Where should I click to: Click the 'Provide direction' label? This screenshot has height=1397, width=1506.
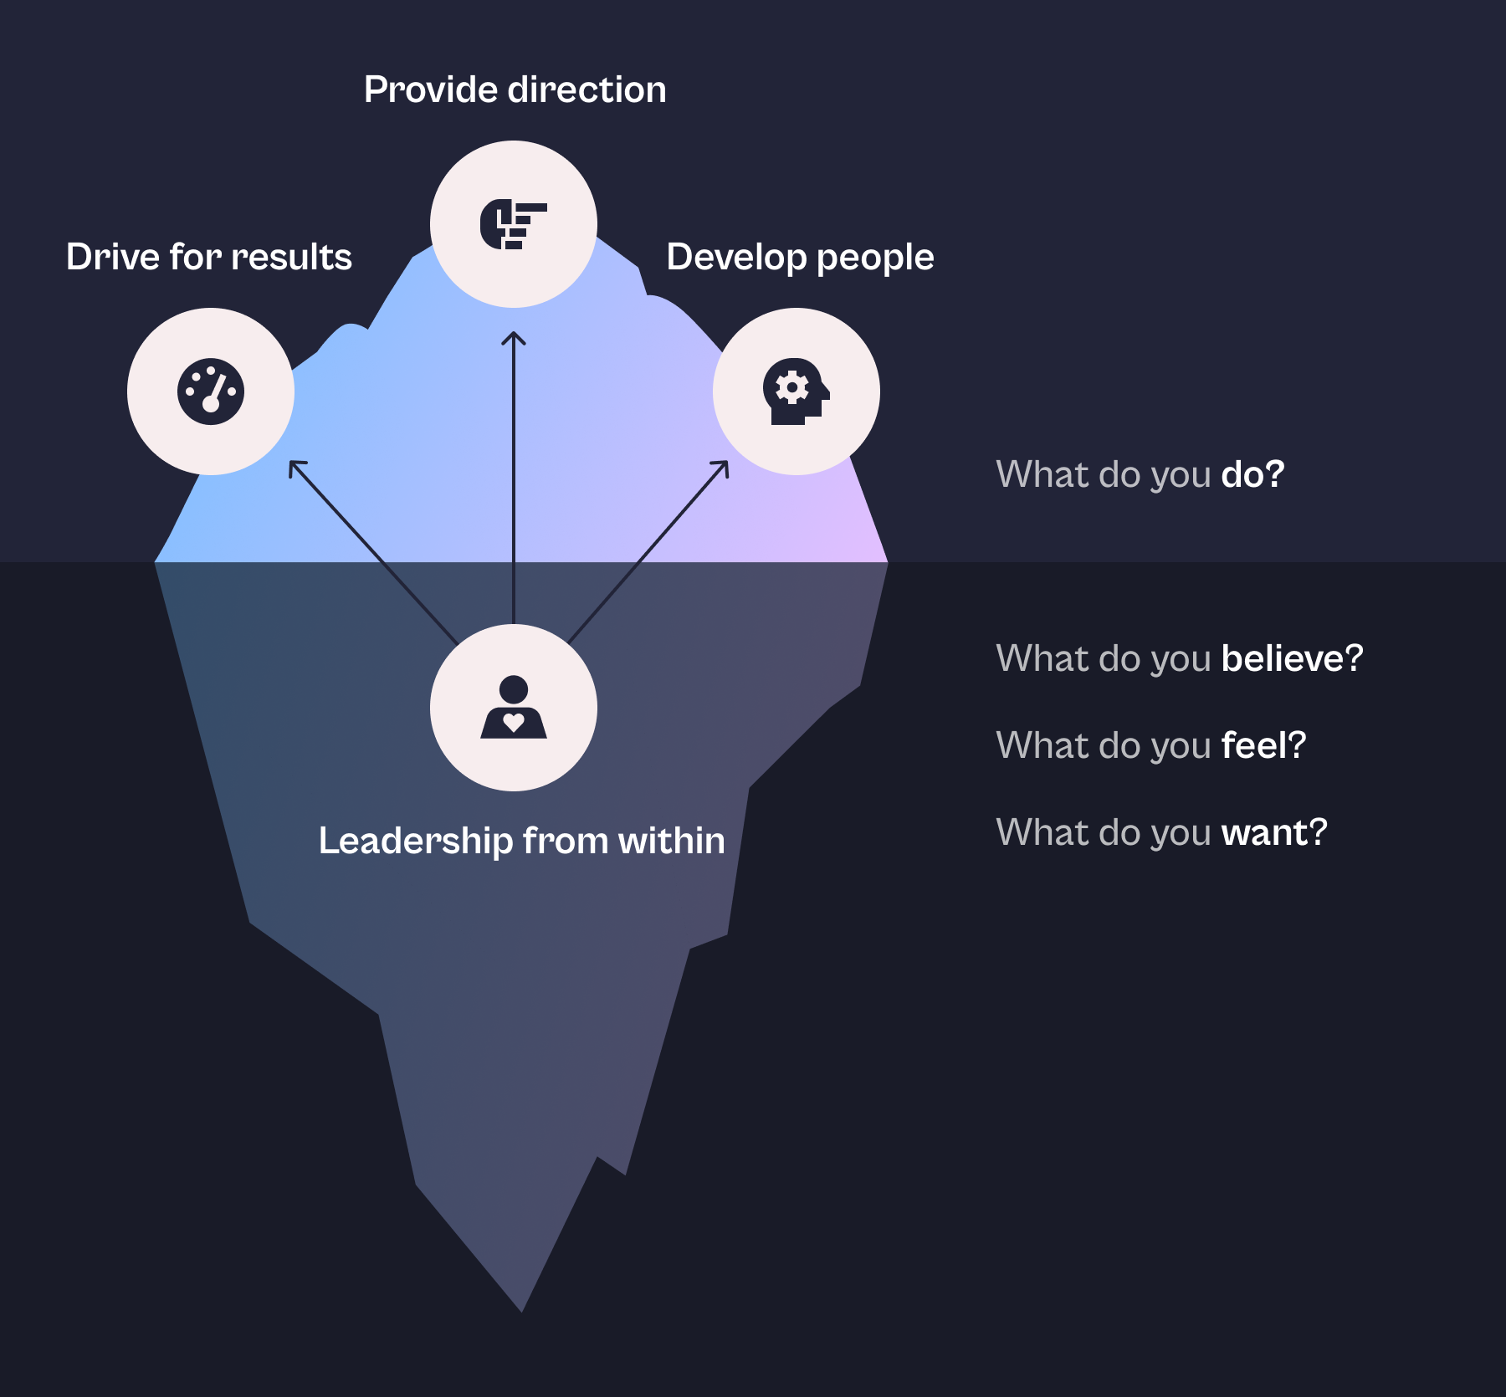pos(515,90)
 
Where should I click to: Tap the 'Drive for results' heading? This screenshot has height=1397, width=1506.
pos(208,257)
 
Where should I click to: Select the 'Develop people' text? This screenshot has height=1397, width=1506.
pos(800,257)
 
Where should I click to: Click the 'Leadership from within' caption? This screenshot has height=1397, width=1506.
pos(521,841)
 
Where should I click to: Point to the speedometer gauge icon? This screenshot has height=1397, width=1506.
pos(211,391)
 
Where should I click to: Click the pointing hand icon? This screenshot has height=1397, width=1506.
pos(513,224)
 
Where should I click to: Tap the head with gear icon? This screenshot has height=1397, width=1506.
pos(796,391)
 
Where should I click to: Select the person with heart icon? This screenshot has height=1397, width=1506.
pos(513,708)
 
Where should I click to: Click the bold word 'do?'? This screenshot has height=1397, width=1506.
pos(1252,474)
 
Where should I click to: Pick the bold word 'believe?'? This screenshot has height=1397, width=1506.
pos(1292,658)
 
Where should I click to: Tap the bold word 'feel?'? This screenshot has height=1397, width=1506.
pos(1263,745)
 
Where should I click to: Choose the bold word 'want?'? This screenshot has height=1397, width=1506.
pos(1274,832)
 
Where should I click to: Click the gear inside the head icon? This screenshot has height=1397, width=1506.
pos(791,387)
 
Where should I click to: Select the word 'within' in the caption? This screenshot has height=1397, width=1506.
pos(671,841)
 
